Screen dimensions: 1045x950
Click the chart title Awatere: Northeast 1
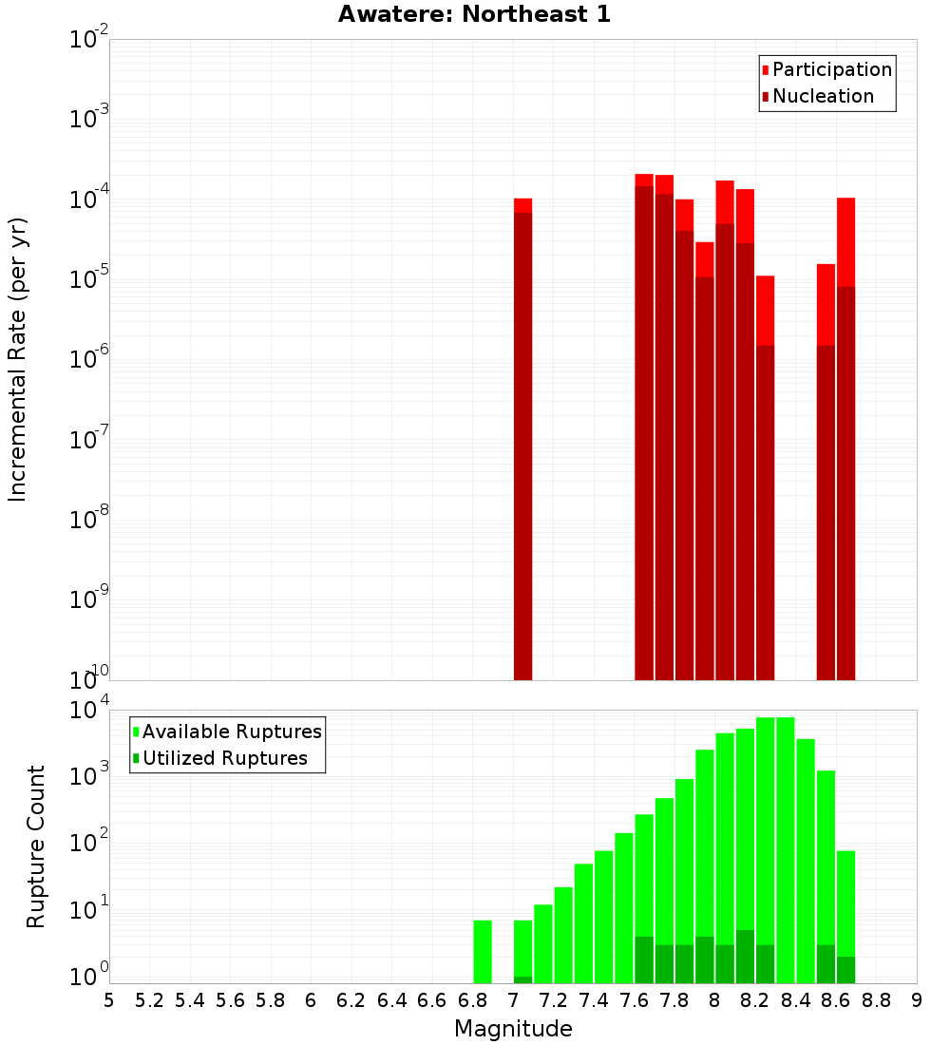click(474, 14)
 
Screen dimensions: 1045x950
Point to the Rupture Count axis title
click(36, 846)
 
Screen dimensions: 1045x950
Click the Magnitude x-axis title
click(513, 1028)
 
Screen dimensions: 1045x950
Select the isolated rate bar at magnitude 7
click(522, 437)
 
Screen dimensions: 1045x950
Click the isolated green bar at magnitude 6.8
click(483, 951)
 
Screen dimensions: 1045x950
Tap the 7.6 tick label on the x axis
click(635, 1000)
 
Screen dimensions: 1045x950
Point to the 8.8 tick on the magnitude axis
click(877, 1000)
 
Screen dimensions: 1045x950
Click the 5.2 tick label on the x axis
click(149, 1000)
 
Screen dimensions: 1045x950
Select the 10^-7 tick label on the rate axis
click(88, 439)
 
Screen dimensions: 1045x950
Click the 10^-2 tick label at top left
click(88, 39)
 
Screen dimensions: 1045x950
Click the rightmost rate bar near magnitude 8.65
click(846, 437)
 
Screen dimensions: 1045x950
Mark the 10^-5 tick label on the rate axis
click(88, 279)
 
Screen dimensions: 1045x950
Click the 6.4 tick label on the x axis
click(391, 1000)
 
